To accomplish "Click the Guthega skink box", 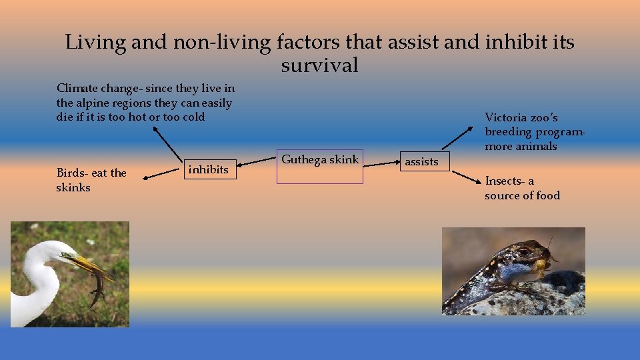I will click(x=320, y=167).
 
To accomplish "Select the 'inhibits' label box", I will click(x=208, y=170).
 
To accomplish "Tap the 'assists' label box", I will click(x=422, y=161).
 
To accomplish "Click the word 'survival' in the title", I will click(x=319, y=65).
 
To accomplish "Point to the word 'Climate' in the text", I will click(x=77, y=88).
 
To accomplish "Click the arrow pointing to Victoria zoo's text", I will click(x=464, y=137).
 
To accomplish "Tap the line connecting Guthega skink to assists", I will click(x=381, y=163).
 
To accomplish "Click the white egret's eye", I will click(x=65, y=254).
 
